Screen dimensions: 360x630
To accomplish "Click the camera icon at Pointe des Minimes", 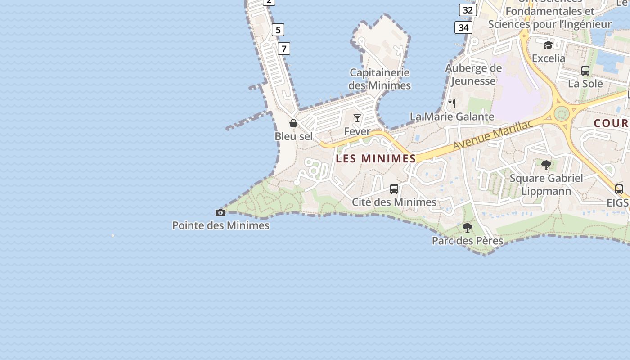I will click(x=220, y=212).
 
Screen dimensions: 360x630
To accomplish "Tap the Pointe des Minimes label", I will click(x=221, y=225).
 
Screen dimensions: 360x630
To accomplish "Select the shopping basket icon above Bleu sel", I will click(x=293, y=123).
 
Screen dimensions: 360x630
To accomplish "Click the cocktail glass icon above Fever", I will click(x=357, y=118).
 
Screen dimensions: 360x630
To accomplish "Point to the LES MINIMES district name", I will click(x=376, y=158).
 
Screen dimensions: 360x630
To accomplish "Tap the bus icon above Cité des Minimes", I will click(x=394, y=189).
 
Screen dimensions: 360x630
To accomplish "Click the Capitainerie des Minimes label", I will click(x=380, y=79).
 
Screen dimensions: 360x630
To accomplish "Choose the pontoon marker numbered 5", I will click(x=278, y=30).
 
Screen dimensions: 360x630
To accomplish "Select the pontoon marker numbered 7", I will click(x=284, y=49).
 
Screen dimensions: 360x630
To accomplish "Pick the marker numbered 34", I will click(x=463, y=28).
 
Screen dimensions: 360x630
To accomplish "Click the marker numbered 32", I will click(x=468, y=10).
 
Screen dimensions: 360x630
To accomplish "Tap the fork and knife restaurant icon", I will click(x=452, y=103).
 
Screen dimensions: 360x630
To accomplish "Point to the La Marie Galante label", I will click(x=452, y=117).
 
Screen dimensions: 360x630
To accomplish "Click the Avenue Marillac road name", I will click(x=493, y=135).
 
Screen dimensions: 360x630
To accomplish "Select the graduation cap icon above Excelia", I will click(x=548, y=45).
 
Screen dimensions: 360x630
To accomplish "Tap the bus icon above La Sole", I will click(x=585, y=71).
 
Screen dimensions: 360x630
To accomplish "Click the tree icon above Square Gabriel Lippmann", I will click(x=546, y=165).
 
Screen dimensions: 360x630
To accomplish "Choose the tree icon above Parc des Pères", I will click(x=468, y=228).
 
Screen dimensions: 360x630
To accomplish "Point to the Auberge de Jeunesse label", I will click(x=473, y=75).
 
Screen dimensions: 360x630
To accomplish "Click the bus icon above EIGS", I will click(x=619, y=189).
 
